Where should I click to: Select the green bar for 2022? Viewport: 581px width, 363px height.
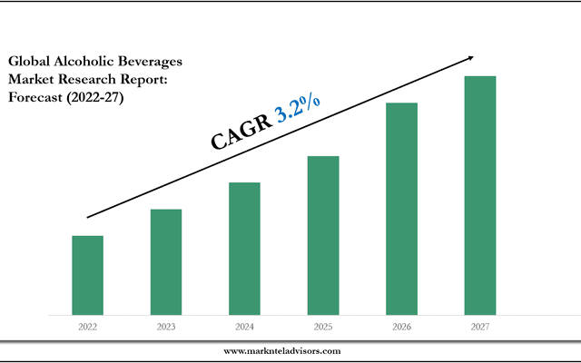tap(88, 275)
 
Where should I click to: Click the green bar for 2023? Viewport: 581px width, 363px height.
tap(166, 262)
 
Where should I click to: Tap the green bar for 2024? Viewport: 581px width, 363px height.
tap(244, 249)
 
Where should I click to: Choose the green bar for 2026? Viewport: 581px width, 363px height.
tap(401, 209)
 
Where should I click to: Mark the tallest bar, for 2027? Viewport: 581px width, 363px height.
tap(479, 195)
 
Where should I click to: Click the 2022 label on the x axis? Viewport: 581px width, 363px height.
tap(88, 325)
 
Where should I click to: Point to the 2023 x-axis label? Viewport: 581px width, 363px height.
tap(166, 325)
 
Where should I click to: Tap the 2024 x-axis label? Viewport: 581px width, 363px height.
tap(244, 325)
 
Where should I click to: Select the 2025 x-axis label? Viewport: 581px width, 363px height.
tap(322, 325)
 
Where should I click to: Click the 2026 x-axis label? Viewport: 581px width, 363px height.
tap(401, 325)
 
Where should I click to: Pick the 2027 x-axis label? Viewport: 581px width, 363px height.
tap(479, 325)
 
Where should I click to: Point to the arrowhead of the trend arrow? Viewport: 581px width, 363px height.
tap(468, 58)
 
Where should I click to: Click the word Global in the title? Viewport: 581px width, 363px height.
tap(32, 62)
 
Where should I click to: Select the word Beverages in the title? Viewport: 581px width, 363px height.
tap(151, 62)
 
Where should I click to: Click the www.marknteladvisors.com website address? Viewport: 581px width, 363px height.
tap(281, 350)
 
